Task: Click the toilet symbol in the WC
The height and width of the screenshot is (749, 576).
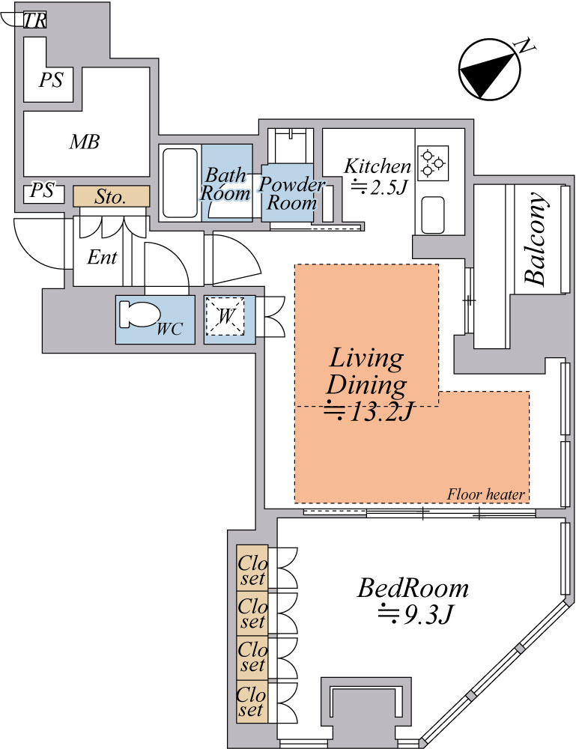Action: pyautogui.click(x=139, y=315)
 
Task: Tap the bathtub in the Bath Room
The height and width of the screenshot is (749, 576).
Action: pyautogui.click(x=180, y=184)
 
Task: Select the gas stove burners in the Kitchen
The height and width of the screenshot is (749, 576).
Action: pyautogui.click(x=433, y=163)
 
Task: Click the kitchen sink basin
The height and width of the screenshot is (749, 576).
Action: pyautogui.click(x=433, y=215)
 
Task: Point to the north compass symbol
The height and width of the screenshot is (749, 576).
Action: pyautogui.click(x=490, y=69)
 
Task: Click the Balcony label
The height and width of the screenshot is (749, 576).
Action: pyautogui.click(x=535, y=238)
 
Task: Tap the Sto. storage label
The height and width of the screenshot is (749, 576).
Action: pyautogui.click(x=111, y=196)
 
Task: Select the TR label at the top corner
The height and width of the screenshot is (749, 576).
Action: pyautogui.click(x=34, y=20)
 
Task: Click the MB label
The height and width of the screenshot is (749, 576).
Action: pyautogui.click(x=85, y=142)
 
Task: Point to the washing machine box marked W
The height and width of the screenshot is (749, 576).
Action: pyautogui.click(x=225, y=317)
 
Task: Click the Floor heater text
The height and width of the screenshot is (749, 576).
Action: pyautogui.click(x=485, y=494)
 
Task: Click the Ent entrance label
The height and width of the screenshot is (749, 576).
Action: pyautogui.click(x=102, y=258)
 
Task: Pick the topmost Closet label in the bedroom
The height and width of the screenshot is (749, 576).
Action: pyautogui.click(x=252, y=571)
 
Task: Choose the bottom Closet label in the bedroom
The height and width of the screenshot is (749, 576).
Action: pyautogui.click(x=252, y=701)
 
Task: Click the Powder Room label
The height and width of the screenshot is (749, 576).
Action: pyautogui.click(x=291, y=193)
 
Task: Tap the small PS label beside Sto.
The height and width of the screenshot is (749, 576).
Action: pyautogui.click(x=42, y=190)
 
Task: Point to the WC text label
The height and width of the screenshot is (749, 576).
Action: pyautogui.click(x=169, y=329)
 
